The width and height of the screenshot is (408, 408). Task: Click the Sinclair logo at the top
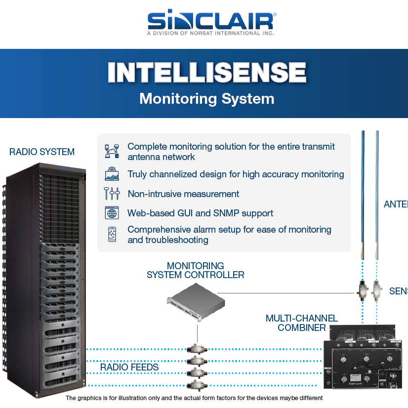pos(211,22)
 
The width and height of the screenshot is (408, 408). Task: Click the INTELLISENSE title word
pos(207,73)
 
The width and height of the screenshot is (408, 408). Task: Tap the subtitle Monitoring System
pos(206,98)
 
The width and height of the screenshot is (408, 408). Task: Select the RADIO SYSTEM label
pos(42,152)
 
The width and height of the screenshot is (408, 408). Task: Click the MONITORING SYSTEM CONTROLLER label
pos(195,270)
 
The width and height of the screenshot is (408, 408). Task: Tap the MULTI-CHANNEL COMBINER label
pos(301,323)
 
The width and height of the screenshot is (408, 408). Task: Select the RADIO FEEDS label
pos(129,367)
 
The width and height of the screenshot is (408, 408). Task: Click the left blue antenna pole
pos(363,198)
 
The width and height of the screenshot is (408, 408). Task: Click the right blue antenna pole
pos(377,198)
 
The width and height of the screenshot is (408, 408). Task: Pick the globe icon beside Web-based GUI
pos(112,213)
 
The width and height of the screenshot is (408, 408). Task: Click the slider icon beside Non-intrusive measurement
pos(112,194)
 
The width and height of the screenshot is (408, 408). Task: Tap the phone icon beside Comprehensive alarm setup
pos(112,235)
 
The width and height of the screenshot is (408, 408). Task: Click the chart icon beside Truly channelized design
pos(112,174)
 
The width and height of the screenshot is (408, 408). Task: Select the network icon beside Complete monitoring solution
pos(112,151)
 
